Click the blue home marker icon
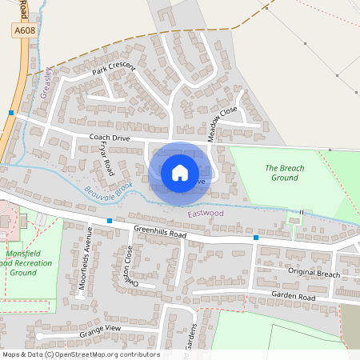(180, 172)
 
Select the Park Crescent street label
(114, 70)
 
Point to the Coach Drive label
(110, 138)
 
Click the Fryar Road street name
(106, 162)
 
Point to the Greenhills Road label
(160, 232)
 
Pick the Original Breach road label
(313, 274)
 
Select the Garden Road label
(293, 296)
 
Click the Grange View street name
(101, 331)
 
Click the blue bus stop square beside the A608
(11, 113)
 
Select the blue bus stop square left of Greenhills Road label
(110, 220)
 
